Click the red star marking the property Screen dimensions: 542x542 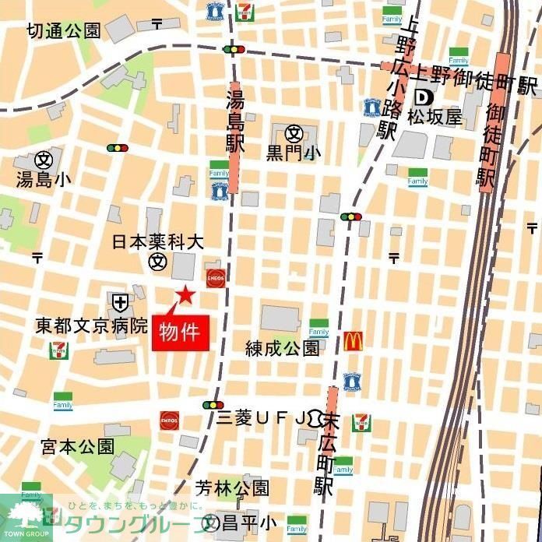tap(185, 294)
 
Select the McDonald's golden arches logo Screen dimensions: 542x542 tap(353, 341)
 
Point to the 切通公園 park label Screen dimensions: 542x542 tap(63, 31)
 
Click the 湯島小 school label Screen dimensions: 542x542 tap(44, 179)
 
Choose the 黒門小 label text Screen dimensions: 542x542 tap(294, 153)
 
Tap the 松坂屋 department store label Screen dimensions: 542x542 tap(435, 118)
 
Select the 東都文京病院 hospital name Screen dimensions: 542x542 tap(91, 323)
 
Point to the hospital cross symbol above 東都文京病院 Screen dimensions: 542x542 tap(120, 301)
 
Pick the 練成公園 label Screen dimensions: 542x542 tap(283, 347)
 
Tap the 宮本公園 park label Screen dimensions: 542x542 tap(78, 446)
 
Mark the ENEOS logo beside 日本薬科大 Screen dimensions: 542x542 tap(215, 277)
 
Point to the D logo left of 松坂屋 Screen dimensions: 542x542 tap(424, 97)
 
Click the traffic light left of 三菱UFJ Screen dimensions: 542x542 tap(212, 405)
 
